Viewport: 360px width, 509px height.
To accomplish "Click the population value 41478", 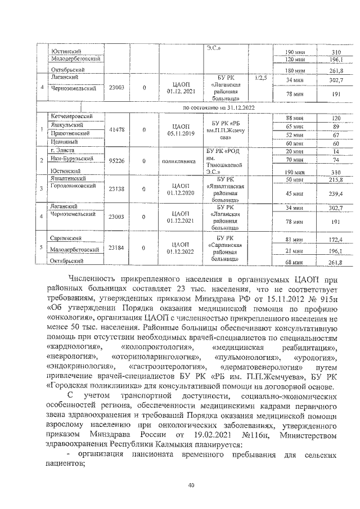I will click(x=116, y=129).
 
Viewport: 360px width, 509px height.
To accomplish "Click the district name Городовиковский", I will click(x=71, y=185).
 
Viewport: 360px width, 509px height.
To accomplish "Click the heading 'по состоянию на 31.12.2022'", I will click(x=214, y=106).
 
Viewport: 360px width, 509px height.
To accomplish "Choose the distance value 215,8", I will click(x=322, y=179).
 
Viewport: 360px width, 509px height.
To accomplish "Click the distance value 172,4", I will click(x=322, y=240).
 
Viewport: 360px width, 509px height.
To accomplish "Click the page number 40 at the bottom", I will click(x=191, y=487).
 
